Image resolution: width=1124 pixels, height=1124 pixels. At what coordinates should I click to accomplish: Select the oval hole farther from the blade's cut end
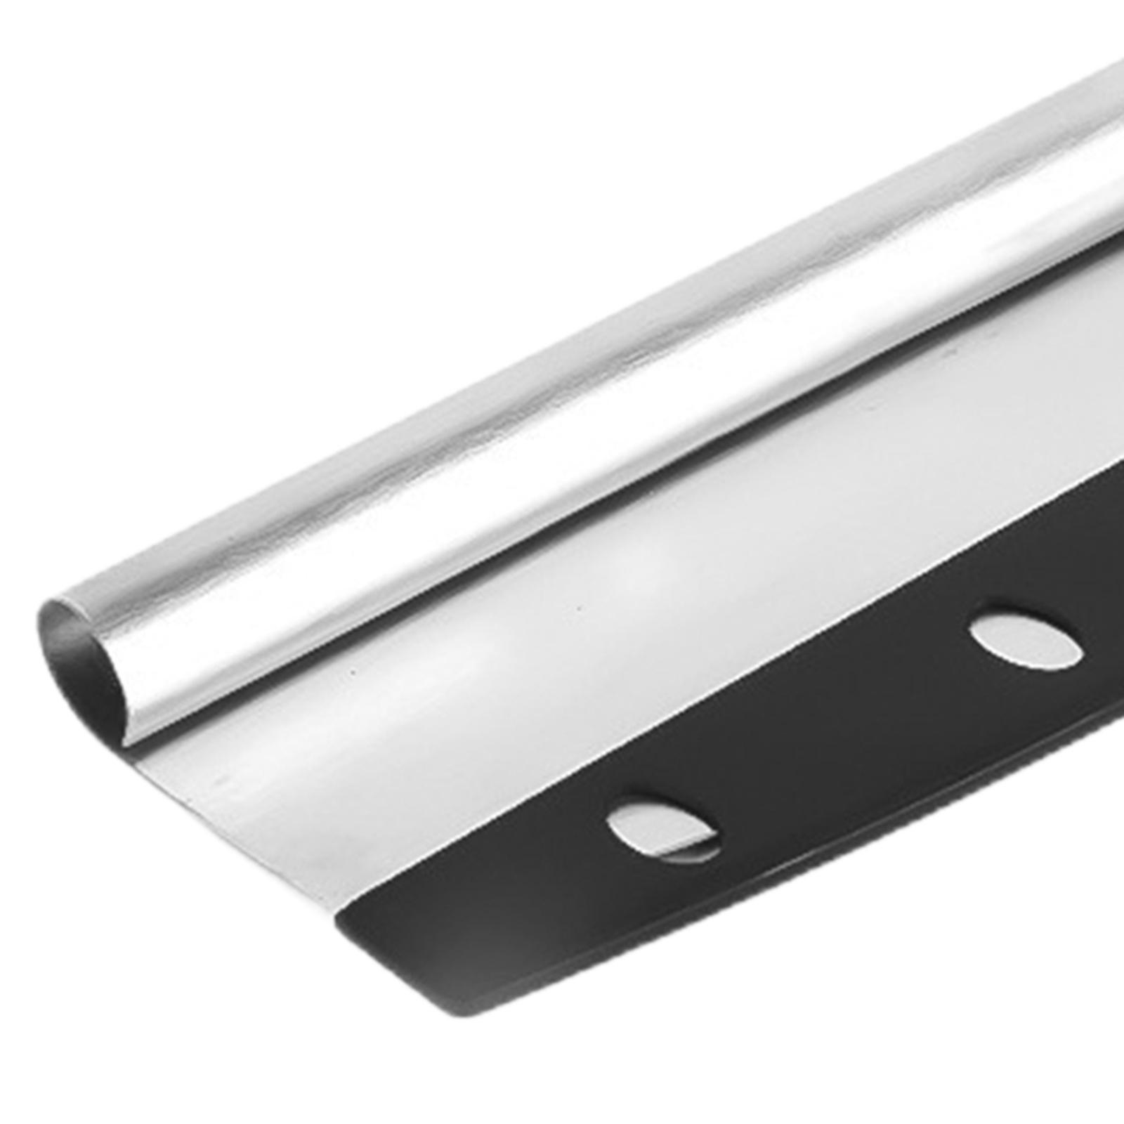1026,639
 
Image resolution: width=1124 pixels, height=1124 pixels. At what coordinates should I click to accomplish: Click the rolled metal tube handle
562,393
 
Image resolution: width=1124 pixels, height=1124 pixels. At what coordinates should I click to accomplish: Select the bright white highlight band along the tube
632,393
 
